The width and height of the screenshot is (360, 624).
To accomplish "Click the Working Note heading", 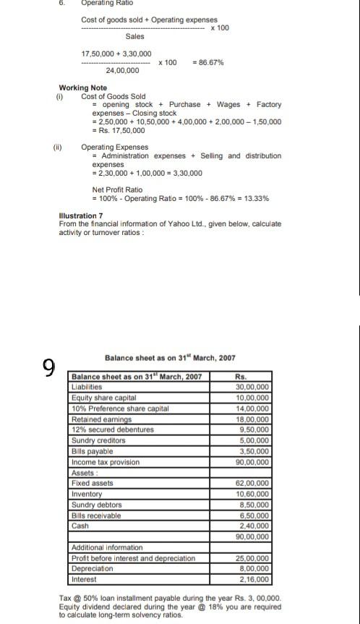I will pyautogui.click(x=82, y=88).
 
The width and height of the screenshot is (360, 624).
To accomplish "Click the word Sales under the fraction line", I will pyautogui.click(x=134, y=36).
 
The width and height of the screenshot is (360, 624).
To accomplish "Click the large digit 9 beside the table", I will pyautogui.click(x=48, y=369).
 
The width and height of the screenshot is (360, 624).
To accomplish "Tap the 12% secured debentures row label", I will pyautogui.click(x=112, y=429).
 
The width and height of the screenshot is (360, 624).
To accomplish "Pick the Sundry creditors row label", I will pyautogui.click(x=98, y=440).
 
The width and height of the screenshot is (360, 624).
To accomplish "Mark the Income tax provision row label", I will pyautogui.click(x=105, y=461).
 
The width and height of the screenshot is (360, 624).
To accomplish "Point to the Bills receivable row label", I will pyautogui.click(x=96, y=516).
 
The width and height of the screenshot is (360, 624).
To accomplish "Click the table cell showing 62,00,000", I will pyautogui.click(x=252, y=483).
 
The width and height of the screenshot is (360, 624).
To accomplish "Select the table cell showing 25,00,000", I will pyautogui.click(x=252, y=558).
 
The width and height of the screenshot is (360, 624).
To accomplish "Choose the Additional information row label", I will pyautogui.click(x=107, y=547).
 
